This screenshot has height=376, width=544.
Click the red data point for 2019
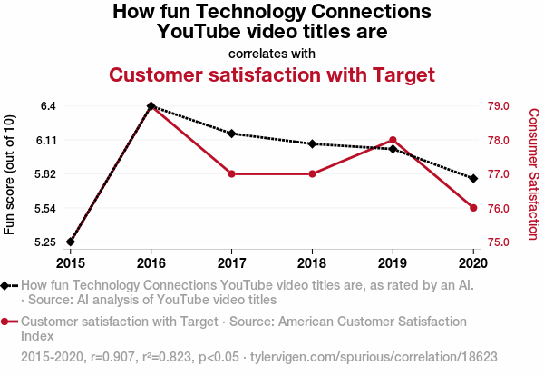click(x=393, y=140)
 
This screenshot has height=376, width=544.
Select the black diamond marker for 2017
click(x=231, y=134)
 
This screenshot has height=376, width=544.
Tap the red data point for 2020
click(x=473, y=208)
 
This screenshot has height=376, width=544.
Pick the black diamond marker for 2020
click(x=473, y=178)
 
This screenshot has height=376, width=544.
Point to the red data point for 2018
click(x=312, y=173)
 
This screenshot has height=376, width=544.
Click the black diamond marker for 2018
click(x=312, y=143)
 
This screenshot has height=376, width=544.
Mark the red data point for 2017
click(x=231, y=173)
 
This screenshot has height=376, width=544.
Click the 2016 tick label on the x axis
click(x=151, y=263)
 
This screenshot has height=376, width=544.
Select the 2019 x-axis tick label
click(x=393, y=263)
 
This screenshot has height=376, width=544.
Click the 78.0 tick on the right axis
click(x=500, y=140)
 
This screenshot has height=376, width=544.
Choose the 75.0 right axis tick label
click(x=500, y=242)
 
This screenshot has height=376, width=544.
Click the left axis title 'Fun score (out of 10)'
click(x=10, y=174)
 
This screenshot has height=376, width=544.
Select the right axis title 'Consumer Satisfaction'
click(x=534, y=174)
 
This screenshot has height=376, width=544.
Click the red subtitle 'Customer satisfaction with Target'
click(x=272, y=74)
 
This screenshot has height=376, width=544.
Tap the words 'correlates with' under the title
click(x=272, y=53)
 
